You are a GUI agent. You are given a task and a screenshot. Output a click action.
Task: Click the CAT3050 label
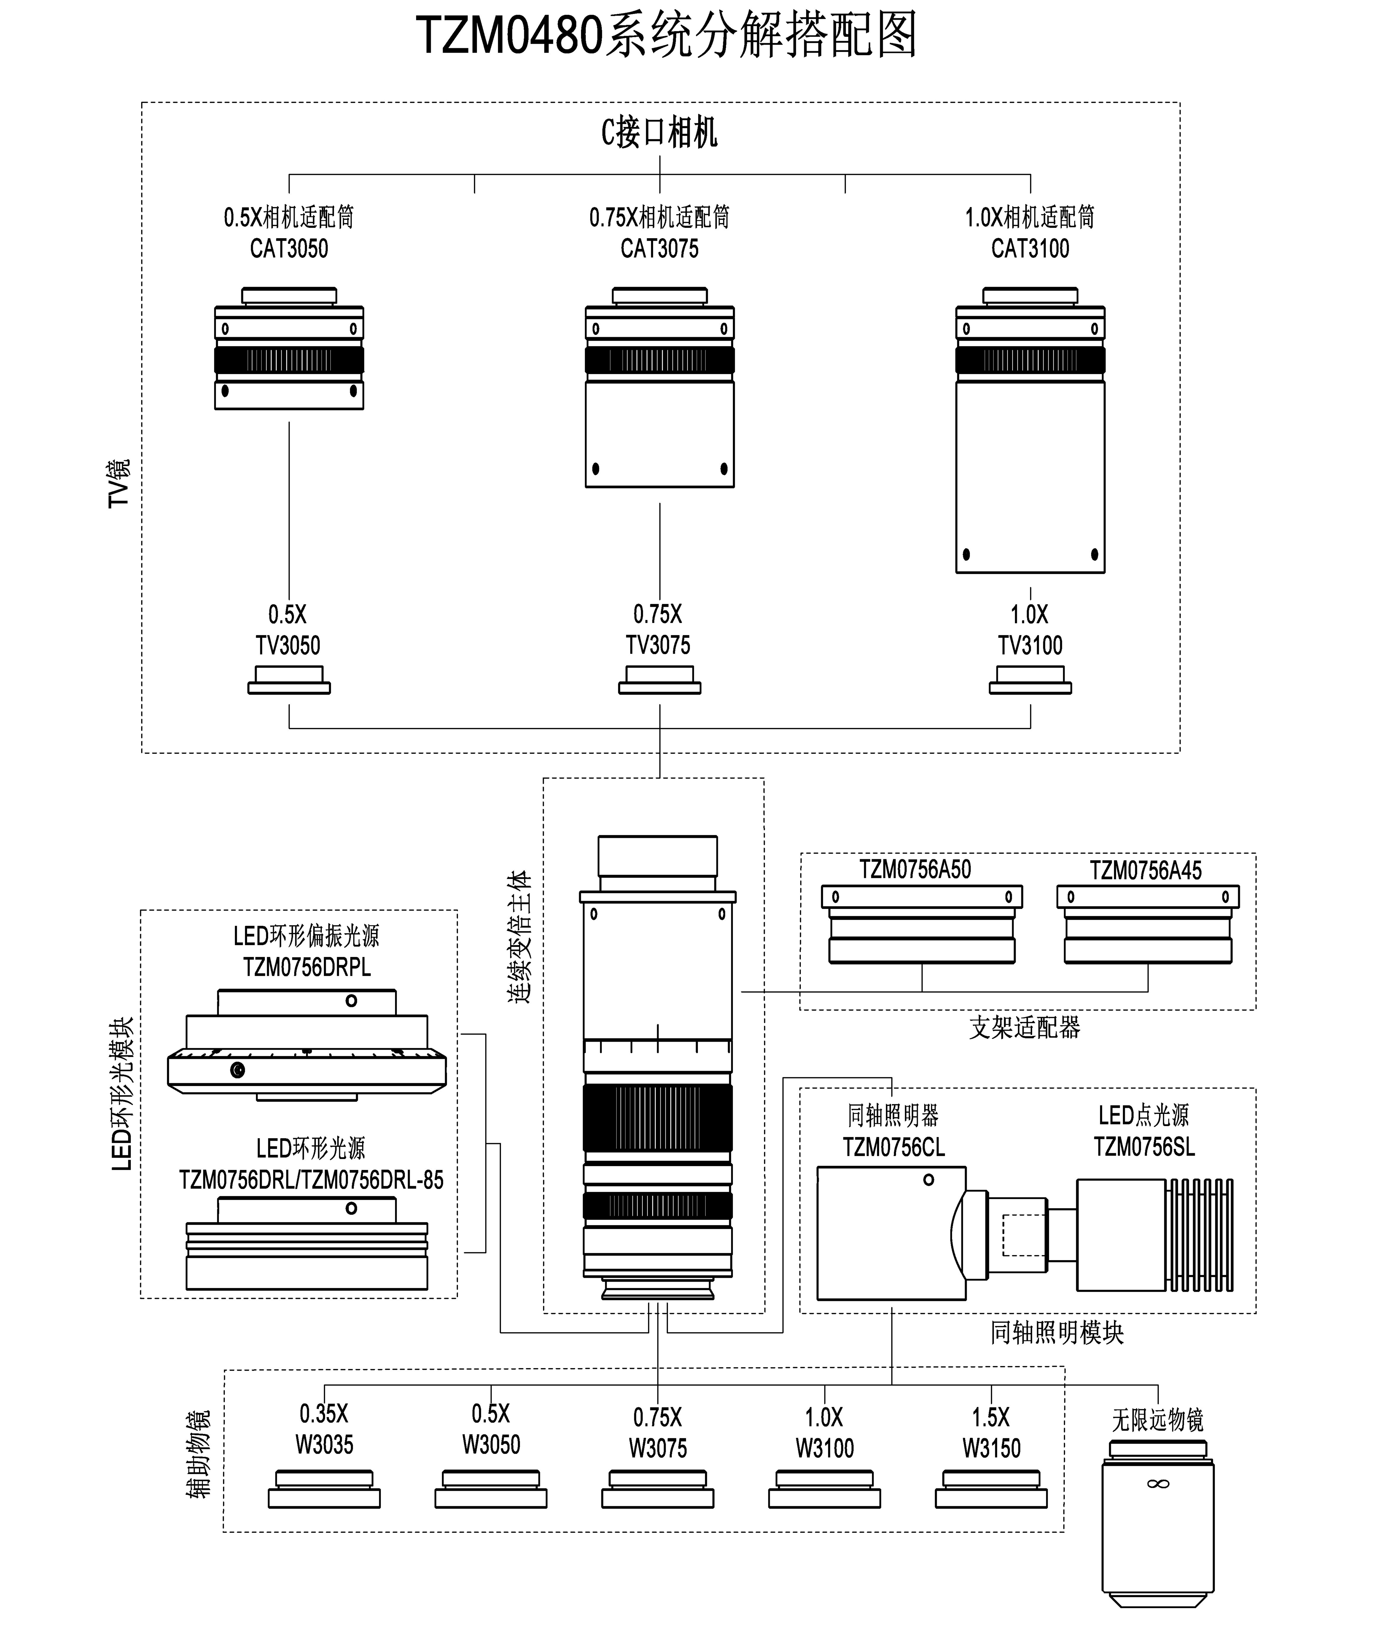289,249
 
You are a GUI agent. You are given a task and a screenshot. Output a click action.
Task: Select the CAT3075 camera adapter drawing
660,388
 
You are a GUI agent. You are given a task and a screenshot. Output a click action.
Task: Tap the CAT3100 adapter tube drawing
1030,431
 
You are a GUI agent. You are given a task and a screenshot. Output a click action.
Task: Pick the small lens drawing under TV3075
660,680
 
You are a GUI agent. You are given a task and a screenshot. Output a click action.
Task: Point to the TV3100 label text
1030,646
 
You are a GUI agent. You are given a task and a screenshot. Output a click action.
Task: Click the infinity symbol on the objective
1158,1484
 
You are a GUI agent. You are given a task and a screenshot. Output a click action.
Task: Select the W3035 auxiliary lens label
324,1445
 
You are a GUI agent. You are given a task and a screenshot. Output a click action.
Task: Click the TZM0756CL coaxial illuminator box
892,1234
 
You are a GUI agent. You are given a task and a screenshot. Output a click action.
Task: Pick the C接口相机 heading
660,133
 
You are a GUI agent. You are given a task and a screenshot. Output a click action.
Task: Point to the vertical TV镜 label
119,483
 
